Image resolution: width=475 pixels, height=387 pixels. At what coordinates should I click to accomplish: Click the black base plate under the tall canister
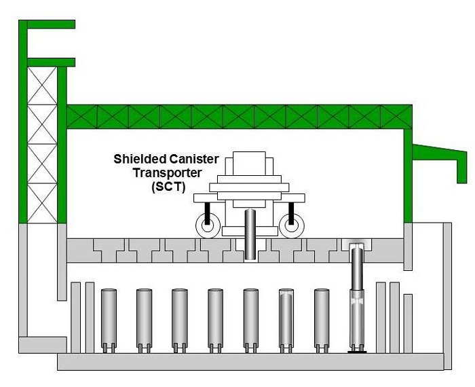[x=357, y=350]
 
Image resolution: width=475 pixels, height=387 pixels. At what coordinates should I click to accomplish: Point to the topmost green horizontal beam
[x=47, y=25]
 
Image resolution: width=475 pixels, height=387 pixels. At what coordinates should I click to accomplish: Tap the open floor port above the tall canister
[x=357, y=246]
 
